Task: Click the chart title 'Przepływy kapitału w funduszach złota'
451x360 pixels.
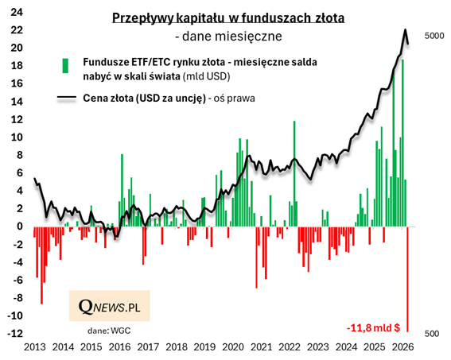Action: pos(228,18)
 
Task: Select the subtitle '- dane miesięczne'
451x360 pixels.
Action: pos(228,37)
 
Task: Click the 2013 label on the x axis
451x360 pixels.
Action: pos(34,346)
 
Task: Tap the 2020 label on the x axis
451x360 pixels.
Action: pos(232,346)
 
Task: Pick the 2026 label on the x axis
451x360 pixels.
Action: pos(402,346)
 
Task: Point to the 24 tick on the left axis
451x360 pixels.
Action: pos(16,12)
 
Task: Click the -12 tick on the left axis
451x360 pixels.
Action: pos(14,333)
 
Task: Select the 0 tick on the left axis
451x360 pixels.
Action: pos(18,226)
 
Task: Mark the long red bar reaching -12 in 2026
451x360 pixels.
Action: pos(409,278)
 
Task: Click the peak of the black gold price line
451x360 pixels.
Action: pos(406,30)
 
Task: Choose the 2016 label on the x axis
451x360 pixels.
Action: pos(119,346)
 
